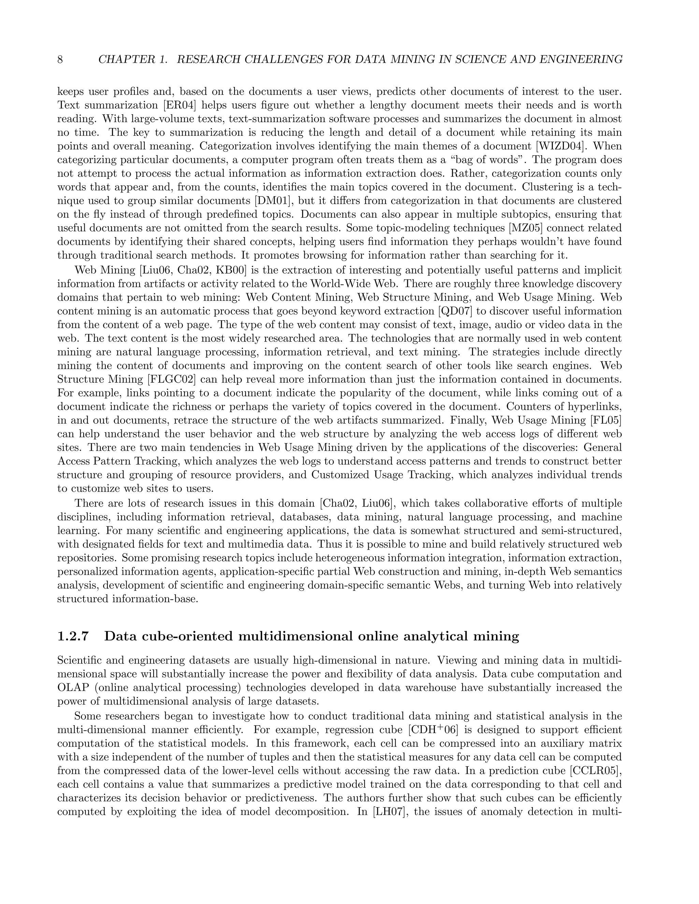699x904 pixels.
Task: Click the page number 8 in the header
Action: click(x=60, y=60)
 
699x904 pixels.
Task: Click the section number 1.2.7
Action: click(x=73, y=636)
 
